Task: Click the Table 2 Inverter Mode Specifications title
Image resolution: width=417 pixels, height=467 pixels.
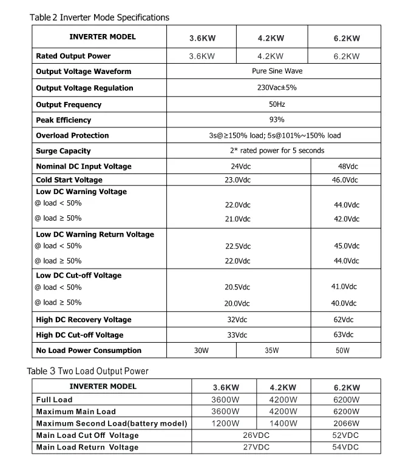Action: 100,18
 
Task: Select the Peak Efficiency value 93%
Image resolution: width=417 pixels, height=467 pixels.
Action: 277,119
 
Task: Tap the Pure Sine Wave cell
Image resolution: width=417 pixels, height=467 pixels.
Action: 277,71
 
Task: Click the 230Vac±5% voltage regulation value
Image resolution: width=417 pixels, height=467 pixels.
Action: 277,87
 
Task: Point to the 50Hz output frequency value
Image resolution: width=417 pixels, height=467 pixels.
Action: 277,104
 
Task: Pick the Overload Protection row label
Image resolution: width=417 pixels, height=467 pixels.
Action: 72,135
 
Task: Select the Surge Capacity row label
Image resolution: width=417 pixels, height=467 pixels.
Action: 63,151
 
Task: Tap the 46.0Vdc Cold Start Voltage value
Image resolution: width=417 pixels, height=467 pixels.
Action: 345,180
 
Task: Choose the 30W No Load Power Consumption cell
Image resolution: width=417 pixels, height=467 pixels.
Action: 201,351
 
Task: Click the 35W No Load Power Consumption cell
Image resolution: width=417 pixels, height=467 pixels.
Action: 271,351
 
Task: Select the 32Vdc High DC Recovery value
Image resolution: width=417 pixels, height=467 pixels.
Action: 237,320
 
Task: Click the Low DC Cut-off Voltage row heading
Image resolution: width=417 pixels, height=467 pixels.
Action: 78,275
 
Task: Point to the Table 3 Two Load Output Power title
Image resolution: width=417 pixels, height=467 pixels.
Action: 87,371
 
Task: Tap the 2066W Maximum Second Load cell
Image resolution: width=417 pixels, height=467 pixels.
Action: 347,423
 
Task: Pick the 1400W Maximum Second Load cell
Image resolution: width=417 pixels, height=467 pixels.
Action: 283,423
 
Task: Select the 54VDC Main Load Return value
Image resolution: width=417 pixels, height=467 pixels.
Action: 347,447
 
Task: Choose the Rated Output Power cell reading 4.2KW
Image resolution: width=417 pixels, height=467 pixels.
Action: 271,56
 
